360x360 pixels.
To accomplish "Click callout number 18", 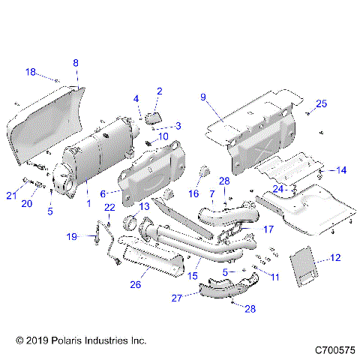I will coord(31,71).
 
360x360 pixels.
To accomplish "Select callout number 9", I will coord(202,97).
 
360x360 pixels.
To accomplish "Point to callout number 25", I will coord(321,103).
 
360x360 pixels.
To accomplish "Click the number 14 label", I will coord(341,170).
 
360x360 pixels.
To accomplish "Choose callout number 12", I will coord(334,258).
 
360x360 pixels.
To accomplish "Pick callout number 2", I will coord(159,91).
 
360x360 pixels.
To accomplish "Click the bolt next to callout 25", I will coord(307,113).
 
